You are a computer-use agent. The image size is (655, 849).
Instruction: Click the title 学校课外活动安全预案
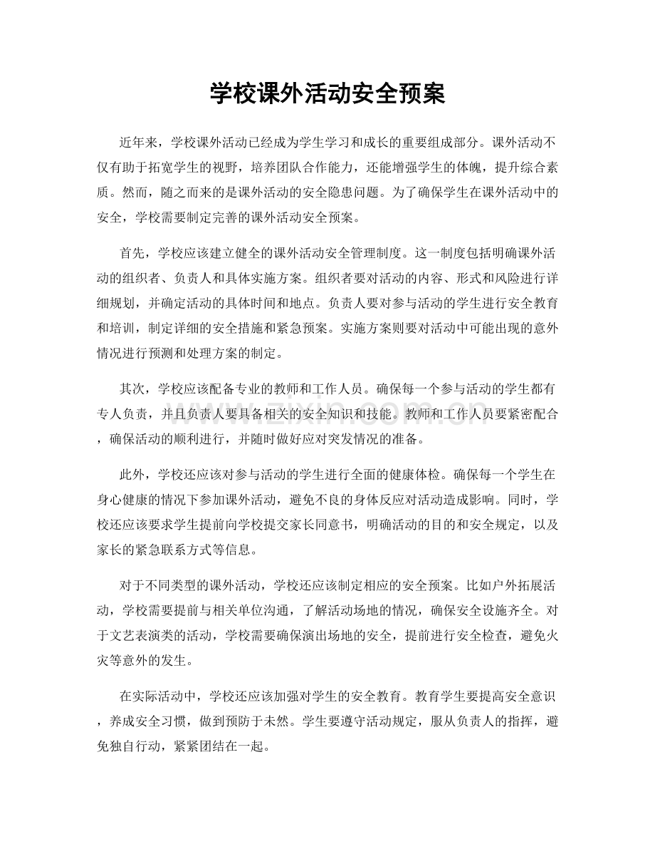327,93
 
